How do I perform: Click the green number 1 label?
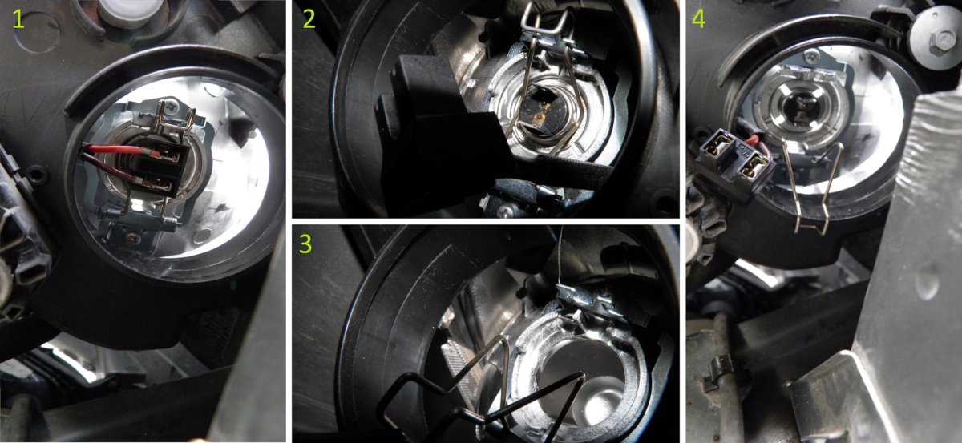(x=18, y=19)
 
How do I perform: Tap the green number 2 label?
(x=309, y=19)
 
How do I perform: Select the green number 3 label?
(x=305, y=244)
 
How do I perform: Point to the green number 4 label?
(x=699, y=19)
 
